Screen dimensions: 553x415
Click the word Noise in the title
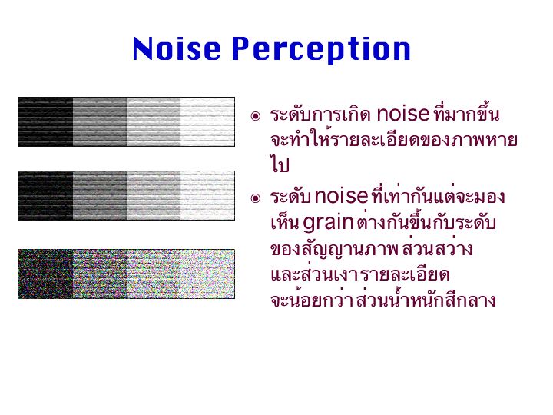pyautogui.click(x=177, y=48)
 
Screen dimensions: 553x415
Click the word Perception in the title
pyautogui.click(x=321, y=50)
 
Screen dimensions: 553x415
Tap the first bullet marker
pyautogui.click(x=255, y=116)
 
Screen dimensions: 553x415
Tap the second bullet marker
pyautogui.click(x=255, y=198)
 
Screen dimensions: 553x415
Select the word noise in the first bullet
pyautogui.click(x=403, y=114)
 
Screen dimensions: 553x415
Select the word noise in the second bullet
pyautogui.click(x=341, y=195)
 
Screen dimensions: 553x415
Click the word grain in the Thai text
pyautogui.click(x=328, y=224)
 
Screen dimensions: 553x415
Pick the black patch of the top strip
pyautogui.click(x=46, y=121)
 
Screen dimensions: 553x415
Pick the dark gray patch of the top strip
pyautogui.click(x=100, y=121)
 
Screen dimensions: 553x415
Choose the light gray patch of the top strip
pyautogui.click(x=154, y=121)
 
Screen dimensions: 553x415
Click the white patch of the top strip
pyautogui.click(x=207, y=121)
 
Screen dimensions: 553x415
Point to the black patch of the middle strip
pyautogui.click(x=46, y=196)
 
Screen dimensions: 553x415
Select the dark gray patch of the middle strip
pyautogui.click(x=100, y=196)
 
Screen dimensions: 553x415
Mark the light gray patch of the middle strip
pyautogui.click(x=154, y=196)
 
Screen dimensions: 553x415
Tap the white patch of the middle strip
pyautogui.click(x=207, y=196)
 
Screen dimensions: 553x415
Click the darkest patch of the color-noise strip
pyautogui.click(x=46, y=274)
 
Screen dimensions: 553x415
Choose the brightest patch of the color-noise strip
pyautogui.click(x=207, y=274)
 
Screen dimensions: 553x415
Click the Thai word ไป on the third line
pyautogui.click(x=280, y=164)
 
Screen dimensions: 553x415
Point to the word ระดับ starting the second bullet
pyautogui.click(x=290, y=197)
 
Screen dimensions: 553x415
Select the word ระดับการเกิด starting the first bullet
pyautogui.click(x=320, y=115)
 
